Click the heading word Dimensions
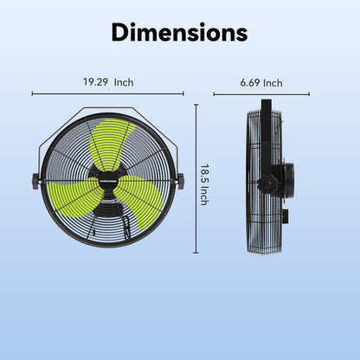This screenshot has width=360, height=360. coord(179,34)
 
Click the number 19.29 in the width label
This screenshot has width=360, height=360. coord(98,83)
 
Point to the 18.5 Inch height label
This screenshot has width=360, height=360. coord(204,185)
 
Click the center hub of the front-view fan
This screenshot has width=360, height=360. coord(108,181)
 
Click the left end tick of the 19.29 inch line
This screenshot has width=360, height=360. coord(33,93)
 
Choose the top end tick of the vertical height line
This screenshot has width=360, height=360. coord(196,106)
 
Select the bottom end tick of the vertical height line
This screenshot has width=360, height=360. coord(196,254)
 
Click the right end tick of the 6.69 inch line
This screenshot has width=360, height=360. coord(309,93)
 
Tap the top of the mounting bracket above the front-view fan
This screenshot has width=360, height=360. coord(108,109)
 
